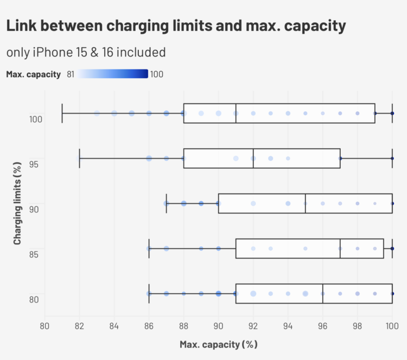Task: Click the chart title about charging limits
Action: [x=176, y=26]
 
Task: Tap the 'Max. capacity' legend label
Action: [x=33, y=74]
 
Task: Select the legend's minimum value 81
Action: [x=71, y=74]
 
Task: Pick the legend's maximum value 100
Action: [x=156, y=74]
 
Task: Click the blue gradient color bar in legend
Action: [x=112, y=74]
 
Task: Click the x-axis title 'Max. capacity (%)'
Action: [x=218, y=344]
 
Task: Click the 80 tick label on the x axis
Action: [x=45, y=326]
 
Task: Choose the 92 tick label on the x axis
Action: [x=253, y=326]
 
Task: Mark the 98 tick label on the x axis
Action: [x=358, y=326]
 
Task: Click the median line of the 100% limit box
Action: [x=236, y=113]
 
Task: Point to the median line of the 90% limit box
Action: [x=306, y=204]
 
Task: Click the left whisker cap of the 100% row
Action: [x=62, y=113]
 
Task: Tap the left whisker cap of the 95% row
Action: [x=80, y=158]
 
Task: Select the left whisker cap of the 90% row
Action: [x=167, y=204]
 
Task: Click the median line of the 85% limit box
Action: [x=340, y=248]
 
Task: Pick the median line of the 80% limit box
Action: [x=323, y=293]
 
